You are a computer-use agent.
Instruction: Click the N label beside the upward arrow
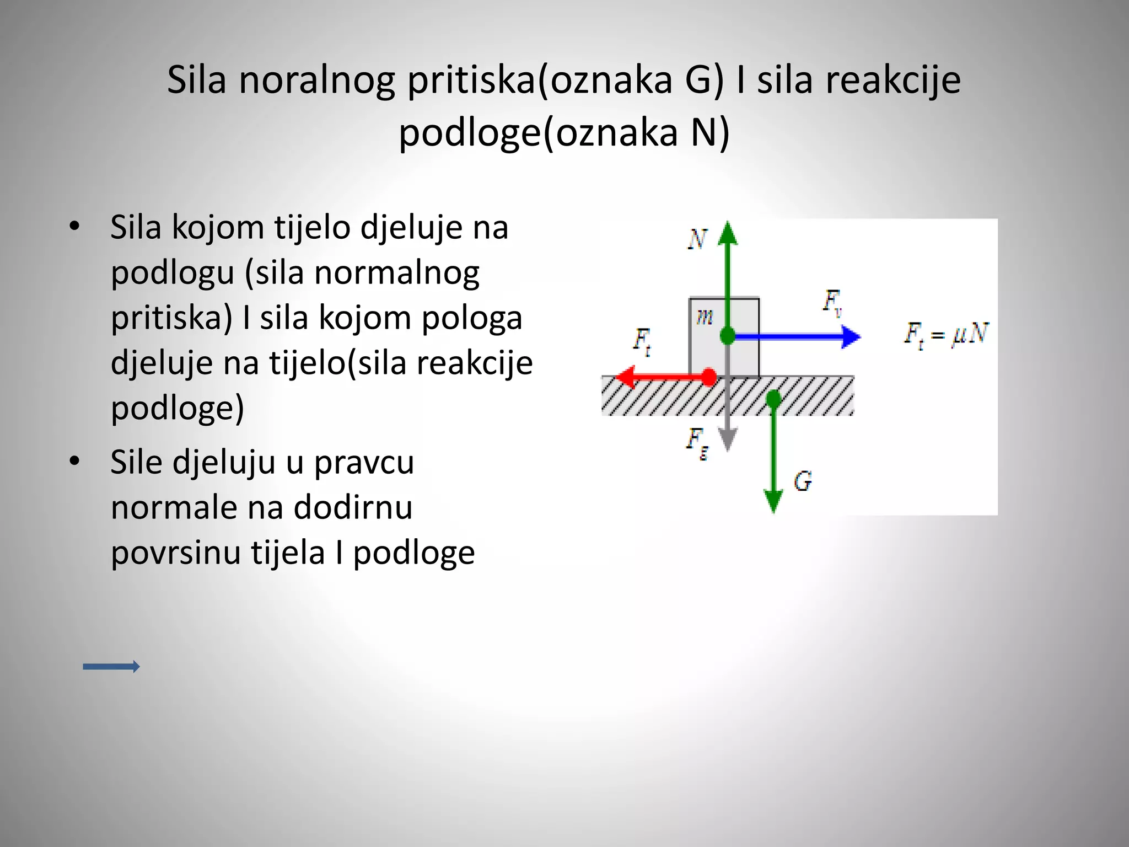697,239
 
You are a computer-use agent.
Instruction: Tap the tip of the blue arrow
857,336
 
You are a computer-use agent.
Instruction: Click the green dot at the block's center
728,335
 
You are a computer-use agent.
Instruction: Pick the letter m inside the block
705,317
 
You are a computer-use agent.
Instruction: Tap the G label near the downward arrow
803,481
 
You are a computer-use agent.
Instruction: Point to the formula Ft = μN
946,335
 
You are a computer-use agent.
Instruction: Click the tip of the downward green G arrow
774,510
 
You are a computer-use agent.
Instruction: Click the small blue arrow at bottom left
111,667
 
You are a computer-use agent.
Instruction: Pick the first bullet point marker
74,227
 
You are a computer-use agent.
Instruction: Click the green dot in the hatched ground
774,398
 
